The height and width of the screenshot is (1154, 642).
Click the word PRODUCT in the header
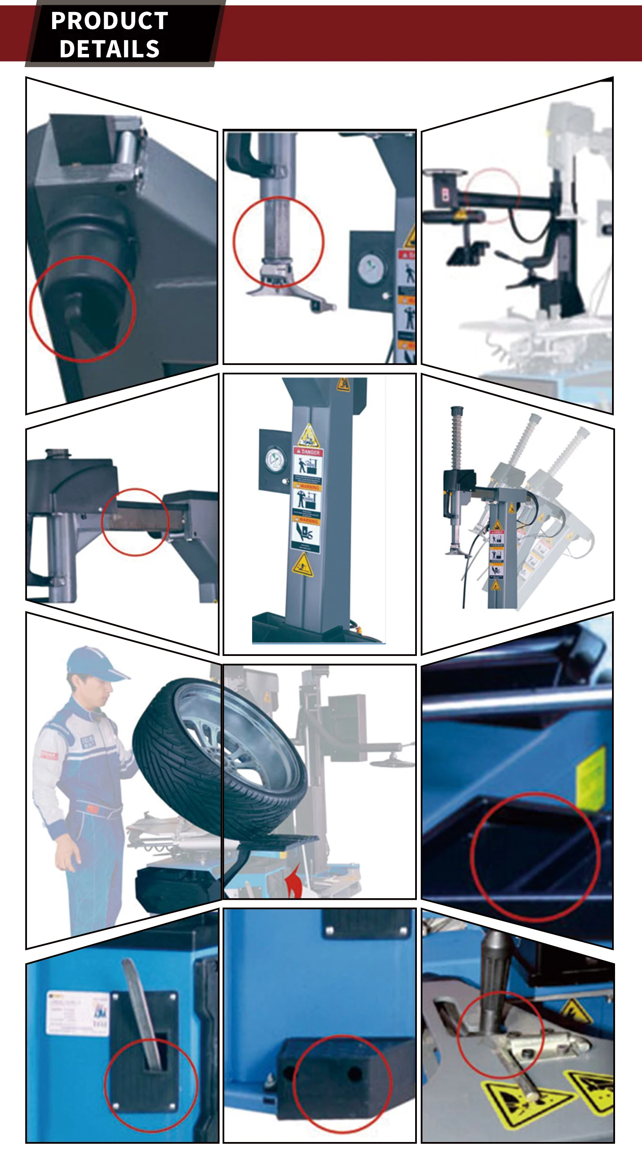[x=109, y=21]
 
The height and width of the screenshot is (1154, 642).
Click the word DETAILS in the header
[x=109, y=49]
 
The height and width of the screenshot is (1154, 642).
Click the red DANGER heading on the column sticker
[x=308, y=452]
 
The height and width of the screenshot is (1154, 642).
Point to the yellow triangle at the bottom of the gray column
[x=303, y=565]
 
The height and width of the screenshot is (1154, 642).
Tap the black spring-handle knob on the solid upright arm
[x=457, y=410]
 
